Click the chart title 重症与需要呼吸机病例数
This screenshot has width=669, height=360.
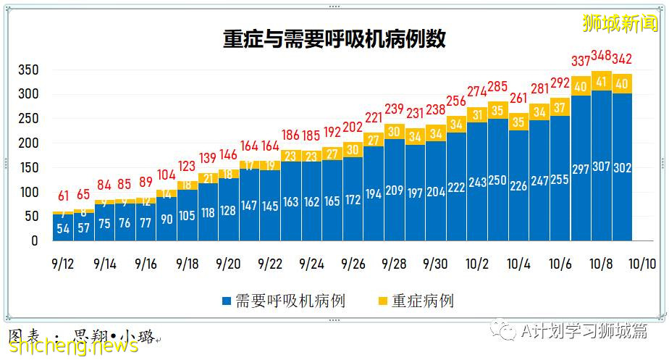click(334, 38)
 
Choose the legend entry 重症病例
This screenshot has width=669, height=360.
click(416, 301)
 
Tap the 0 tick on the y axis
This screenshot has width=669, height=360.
click(33, 241)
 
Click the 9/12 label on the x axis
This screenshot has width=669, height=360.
click(62, 264)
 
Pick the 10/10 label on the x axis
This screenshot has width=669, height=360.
click(642, 264)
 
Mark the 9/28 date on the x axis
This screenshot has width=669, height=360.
click(394, 264)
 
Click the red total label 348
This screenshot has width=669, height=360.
click(601, 55)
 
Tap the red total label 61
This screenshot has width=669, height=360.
click(63, 196)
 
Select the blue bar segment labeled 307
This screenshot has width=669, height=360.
click(601, 167)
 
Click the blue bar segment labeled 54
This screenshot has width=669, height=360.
click(63, 227)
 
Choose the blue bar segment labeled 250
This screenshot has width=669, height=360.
click(497, 181)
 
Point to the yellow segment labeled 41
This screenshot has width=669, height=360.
click(601, 80)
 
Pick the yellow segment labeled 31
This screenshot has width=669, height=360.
click(476, 114)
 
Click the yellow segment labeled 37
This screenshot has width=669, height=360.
click(560, 107)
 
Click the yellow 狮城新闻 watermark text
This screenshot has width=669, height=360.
click(620, 23)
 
